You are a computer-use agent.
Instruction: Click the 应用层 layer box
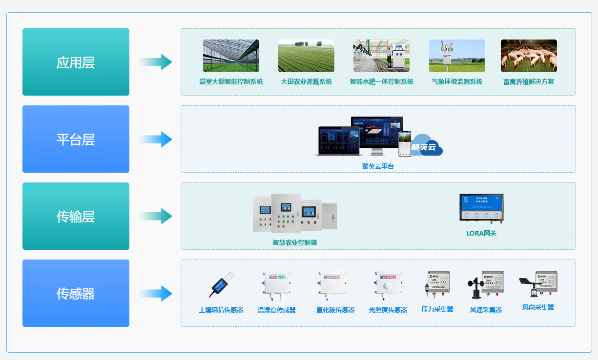pos(76,62)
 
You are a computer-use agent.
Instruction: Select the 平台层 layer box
pos(76,139)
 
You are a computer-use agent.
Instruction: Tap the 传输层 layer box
pos(76,216)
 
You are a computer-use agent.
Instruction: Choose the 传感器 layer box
pos(76,293)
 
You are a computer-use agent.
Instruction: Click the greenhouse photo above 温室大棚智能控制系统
pos(231,56)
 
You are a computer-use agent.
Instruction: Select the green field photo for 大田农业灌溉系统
pos(306,56)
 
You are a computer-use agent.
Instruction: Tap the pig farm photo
pos(529,56)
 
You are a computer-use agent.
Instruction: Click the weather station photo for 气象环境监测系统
pos(457,56)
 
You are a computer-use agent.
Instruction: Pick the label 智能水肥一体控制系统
pos(382,82)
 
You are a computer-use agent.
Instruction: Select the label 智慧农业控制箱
pos(295,242)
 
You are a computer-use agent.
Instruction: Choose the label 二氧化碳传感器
pos(332,310)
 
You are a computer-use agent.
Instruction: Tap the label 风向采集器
pos(538,308)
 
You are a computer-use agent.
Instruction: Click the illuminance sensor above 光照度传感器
pos(388,285)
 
